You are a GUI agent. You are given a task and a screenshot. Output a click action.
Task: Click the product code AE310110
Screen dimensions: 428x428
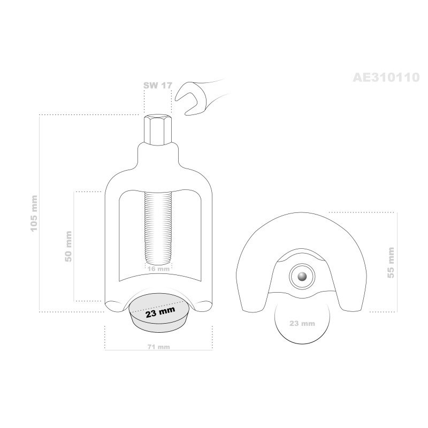(x=386, y=78)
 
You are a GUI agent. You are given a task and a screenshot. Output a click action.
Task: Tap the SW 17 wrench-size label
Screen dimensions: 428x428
(x=158, y=86)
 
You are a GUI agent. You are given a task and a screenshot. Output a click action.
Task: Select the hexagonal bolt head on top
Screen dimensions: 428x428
(x=158, y=130)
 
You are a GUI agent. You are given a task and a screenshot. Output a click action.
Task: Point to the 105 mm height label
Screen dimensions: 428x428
(x=34, y=213)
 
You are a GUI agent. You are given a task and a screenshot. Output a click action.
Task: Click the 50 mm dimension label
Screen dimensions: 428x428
(x=68, y=247)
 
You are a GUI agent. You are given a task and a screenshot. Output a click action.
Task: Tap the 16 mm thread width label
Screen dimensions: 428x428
(x=158, y=269)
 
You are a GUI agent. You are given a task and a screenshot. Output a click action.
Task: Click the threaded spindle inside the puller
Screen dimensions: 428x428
(x=158, y=228)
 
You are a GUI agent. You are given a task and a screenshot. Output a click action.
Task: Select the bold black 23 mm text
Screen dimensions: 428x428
(x=160, y=312)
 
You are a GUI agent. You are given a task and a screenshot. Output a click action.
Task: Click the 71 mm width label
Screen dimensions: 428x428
(x=158, y=347)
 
